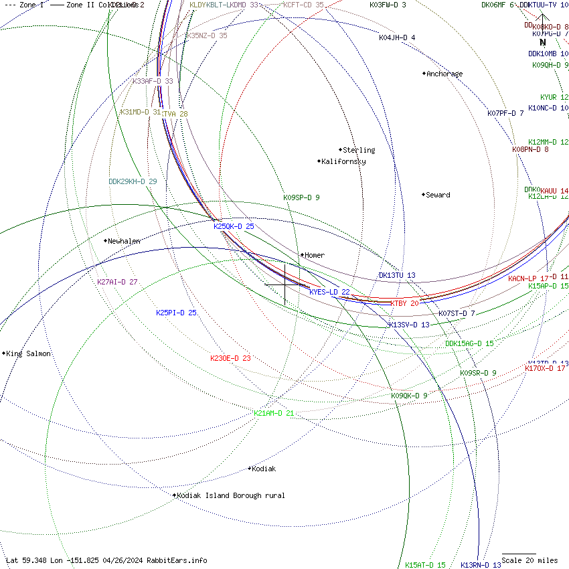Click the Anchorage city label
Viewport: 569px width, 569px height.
click(x=444, y=74)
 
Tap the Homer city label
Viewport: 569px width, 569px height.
click(x=315, y=255)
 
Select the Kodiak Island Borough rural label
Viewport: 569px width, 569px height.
click(x=231, y=495)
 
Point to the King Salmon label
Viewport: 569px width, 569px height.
click(x=29, y=353)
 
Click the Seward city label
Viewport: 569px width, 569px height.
click(x=438, y=195)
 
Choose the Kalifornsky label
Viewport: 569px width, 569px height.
click(x=343, y=161)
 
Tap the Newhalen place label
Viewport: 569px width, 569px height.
click(x=124, y=241)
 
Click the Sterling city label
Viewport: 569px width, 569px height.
click(x=359, y=150)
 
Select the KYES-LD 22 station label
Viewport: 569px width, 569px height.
click(x=329, y=292)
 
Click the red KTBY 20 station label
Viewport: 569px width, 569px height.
click(x=404, y=303)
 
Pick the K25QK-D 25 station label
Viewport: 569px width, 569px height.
click(x=234, y=226)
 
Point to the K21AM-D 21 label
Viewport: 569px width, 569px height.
click(x=274, y=413)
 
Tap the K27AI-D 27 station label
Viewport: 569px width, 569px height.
click(x=117, y=282)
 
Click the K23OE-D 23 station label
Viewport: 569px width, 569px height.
click(x=230, y=358)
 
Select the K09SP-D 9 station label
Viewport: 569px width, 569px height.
click(x=301, y=197)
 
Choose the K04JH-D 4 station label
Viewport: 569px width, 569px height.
click(x=397, y=37)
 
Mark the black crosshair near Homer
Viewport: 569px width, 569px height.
click(x=285, y=284)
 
